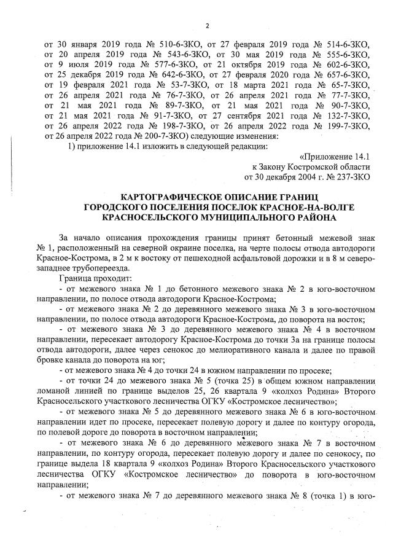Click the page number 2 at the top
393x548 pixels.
206,25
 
